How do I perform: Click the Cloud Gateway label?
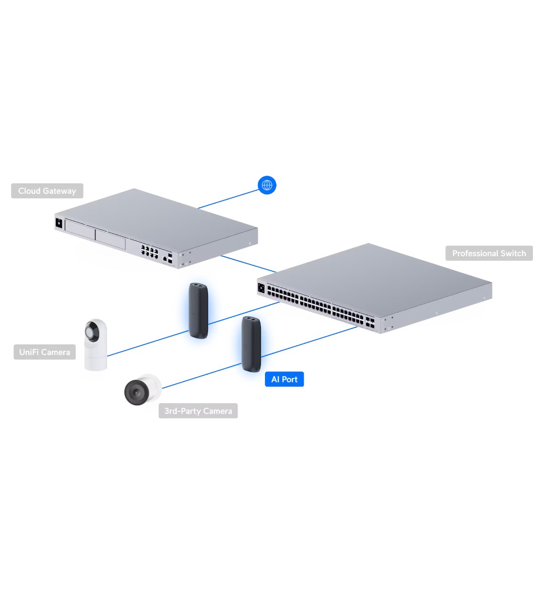click(x=47, y=191)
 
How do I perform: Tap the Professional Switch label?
click(x=489, y=253)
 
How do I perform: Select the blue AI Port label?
click(x=284, y=379)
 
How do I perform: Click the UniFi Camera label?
click(x=44, y=352)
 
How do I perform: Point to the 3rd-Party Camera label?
click(x=198, y=411)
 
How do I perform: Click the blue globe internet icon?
click(x=267, y=185)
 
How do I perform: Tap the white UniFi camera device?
click(x=95, y=345)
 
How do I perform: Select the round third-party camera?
click(x=142, y=389)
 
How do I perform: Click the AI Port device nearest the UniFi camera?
click(x=198, y=310)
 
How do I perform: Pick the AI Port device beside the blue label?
click(x=250, y=344)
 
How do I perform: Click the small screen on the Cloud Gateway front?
click(x=59, y=222)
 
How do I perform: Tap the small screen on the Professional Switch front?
click(x=261, y=287)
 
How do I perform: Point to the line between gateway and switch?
click(x=248, y=264)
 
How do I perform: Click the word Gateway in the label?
click(x=59, y=191)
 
